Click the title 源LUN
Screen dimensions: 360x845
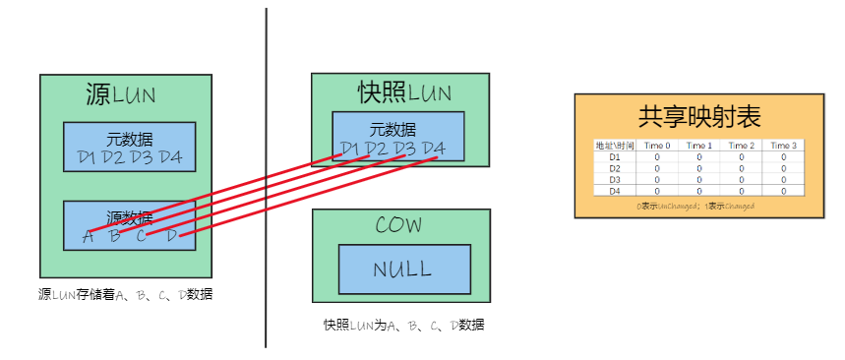pos(121,95)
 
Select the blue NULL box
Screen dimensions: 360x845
pos(401,270)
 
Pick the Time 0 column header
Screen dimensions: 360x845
pos(657,145)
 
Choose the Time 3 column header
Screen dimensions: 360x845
pos(783,145)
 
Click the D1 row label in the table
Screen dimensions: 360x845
pos(615,155)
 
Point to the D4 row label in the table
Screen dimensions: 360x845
pos(615,191)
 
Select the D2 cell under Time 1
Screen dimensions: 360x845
pos(699,167)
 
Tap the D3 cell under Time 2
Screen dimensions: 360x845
pos(742,179)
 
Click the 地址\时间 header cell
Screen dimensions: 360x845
pos(615,145)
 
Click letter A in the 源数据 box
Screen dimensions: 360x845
pos(89,235)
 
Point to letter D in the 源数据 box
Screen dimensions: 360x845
pos(171,235)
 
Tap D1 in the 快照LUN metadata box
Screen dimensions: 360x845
pos(349,149)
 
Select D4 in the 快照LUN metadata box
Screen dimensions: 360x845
pos(434,149)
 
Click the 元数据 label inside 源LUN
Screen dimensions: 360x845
pos(129,138)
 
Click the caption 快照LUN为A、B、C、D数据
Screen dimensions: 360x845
pos(403,325)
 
